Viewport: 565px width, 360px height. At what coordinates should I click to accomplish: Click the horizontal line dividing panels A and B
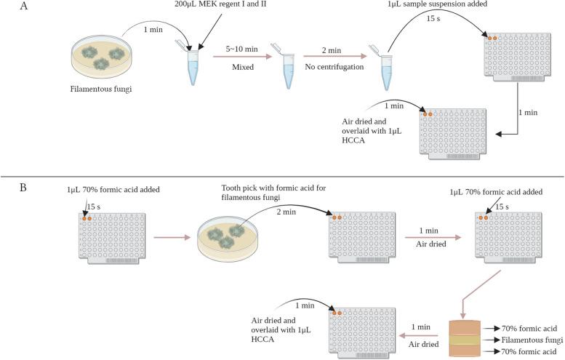click(x=282, y=175)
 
